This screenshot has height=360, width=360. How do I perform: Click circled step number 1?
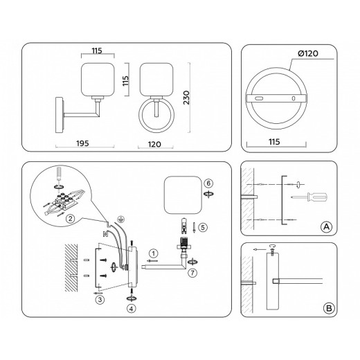pyautogui.click(x=154, y=253)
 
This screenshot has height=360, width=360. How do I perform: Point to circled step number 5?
pyautogui.click(x=201, y=226)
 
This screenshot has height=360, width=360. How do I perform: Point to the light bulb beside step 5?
pyautogui.click(x=183, y=226)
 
